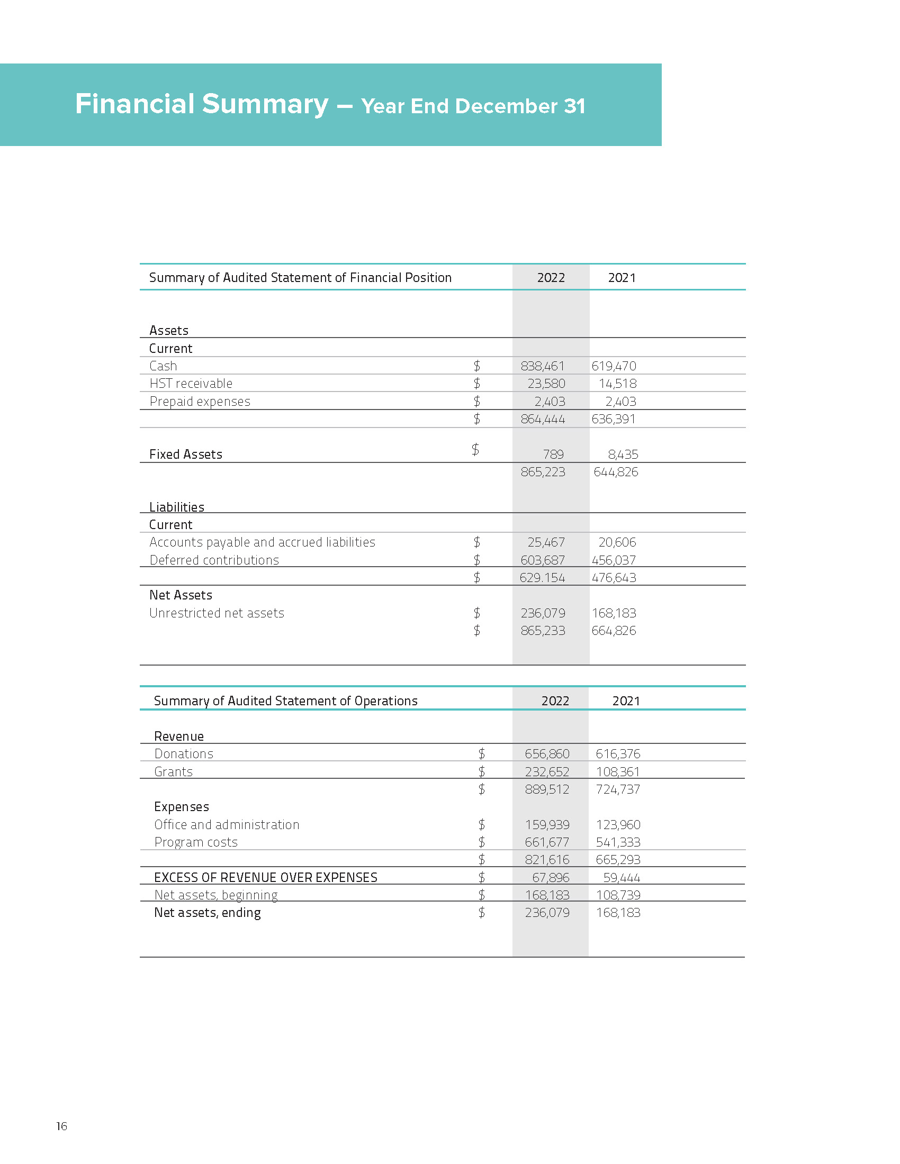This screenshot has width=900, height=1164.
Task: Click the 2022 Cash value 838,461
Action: click(542, 366)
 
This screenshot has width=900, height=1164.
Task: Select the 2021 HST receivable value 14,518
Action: click(617, 384)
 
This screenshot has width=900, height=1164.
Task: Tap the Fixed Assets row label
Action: click(185, 454)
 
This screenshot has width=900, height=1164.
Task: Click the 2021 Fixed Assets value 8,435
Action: click(623, 454)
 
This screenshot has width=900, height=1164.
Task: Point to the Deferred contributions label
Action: click(214, 560)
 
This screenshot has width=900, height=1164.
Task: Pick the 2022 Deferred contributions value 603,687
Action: click(542, 560)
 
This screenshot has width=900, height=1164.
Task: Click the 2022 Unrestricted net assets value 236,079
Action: click(543, 613)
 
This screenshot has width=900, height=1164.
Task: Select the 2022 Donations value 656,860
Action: click(547, 754)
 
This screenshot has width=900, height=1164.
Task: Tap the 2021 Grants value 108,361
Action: click(617, 772)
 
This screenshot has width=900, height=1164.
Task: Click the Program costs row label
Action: click(196, 842)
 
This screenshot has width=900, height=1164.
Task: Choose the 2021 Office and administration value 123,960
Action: click(618, 825)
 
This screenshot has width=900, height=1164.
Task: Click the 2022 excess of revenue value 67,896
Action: click(550, 878)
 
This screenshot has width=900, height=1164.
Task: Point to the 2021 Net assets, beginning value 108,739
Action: click(618, 895)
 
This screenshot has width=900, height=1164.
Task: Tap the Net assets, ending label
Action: click(208, 913)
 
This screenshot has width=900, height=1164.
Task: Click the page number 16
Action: click(62, 1126)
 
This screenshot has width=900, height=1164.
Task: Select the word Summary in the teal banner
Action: click(265, 104)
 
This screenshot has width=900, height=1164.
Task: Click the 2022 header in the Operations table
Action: click(555, 701)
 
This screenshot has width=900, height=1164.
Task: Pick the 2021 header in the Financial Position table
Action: click(622, 278)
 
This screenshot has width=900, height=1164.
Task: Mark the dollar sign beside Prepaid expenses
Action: click(476, 402)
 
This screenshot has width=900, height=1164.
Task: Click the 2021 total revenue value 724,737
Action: click(617, 789)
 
